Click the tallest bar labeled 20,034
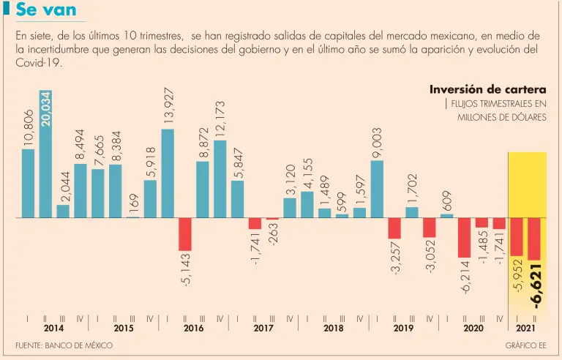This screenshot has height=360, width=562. [x=45, y=154]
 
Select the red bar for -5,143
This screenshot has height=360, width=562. [x=185, y=234]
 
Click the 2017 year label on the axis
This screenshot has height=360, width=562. [x=263, y=329]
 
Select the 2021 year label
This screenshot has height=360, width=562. [x=526, y=329]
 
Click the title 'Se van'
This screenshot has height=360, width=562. [x=45, y=10]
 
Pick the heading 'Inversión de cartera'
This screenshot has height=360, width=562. [x=487, y=89]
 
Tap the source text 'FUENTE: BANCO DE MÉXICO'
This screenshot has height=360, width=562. [x=64, y=345]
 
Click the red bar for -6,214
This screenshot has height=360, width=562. [x=464, y=238]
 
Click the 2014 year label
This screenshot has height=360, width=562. [x=53, y=329]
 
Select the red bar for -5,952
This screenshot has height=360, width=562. [x=517, y=236]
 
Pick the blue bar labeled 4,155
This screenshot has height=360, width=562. [x=307, y=204]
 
